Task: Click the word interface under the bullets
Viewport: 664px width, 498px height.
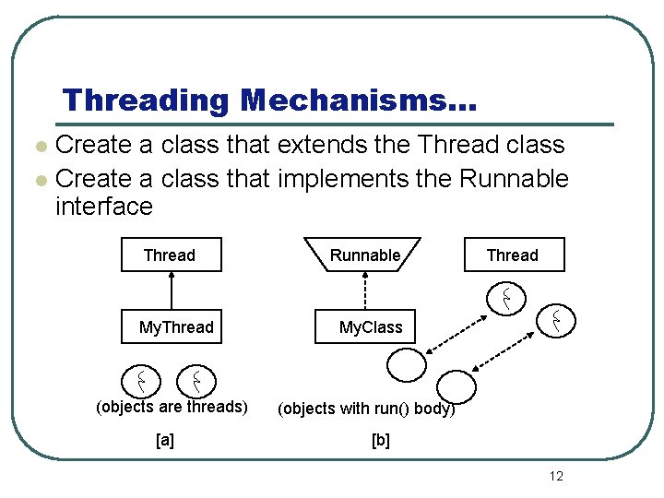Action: point(104,207)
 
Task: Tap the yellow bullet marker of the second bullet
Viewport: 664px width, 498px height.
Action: point(39,179)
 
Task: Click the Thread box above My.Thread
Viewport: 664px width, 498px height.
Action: point(171,255)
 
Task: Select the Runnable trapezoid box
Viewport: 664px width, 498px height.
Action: point(365,255)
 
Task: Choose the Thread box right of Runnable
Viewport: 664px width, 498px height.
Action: point(512,255)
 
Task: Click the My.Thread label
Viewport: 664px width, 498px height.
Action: point(176,327)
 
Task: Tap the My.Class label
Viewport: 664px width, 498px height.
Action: point(371,327)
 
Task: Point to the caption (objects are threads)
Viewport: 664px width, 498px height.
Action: point(172,407)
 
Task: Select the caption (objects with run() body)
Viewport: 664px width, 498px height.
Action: point(366,409)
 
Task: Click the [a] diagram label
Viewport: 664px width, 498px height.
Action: point(165,441)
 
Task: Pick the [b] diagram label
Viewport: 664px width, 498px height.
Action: point(380,441)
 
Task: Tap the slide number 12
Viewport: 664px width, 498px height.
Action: point(555,476)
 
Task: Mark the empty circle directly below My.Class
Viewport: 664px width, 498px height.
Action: point(407,366)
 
